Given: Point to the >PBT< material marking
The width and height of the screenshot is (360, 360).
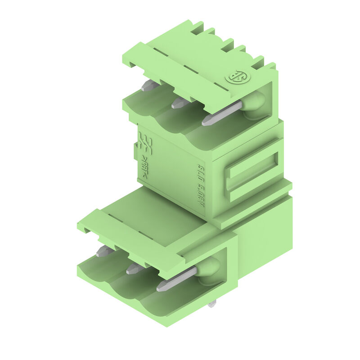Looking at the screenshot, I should point(144,167).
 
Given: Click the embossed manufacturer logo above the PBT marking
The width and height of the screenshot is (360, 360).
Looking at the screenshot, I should point(145,144).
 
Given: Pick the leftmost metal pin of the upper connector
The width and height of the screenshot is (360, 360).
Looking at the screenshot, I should point(149,85).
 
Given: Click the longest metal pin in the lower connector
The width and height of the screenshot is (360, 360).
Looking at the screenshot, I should point(176,279).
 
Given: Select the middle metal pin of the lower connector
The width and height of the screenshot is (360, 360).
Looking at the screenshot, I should point(135,269).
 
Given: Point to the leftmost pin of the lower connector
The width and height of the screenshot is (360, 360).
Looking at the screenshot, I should point(104,251).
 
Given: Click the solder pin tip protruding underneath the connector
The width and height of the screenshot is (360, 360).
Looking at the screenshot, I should point(212,304).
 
